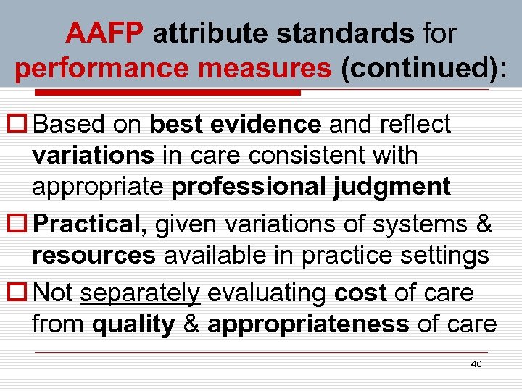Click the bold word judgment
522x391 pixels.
[392, 187]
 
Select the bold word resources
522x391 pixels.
[94, 256]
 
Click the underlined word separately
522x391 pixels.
[140, 293]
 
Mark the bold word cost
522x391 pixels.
[361, 293]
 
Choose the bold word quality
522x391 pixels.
[133, 324]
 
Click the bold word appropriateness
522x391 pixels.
[308, 324]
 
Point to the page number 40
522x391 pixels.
[476, 363]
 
